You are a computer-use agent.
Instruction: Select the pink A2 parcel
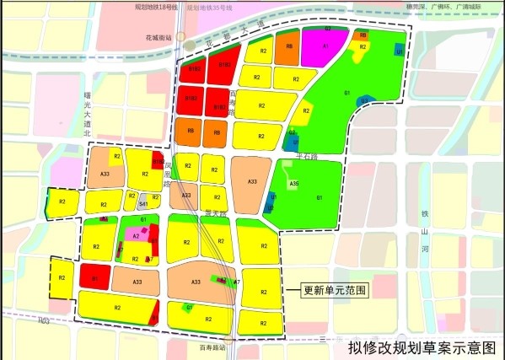(x=135, y=237)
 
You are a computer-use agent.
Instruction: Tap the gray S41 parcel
(x=143, y=203)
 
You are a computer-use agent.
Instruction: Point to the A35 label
(x=293, y=183)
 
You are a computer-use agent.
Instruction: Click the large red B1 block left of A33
(x=95, y=278)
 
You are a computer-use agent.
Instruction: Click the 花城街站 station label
(x=158, y=38)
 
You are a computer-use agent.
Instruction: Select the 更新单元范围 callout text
(x=336, y=290)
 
